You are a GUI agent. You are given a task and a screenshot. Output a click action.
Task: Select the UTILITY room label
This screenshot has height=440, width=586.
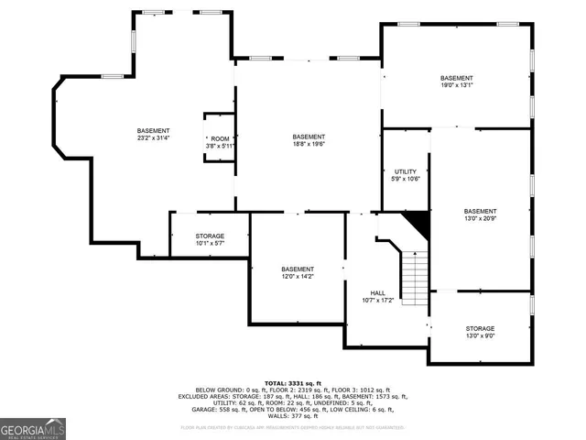(x=406, y=171)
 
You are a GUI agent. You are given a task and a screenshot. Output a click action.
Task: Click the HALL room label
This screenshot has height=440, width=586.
(x=378, y=292)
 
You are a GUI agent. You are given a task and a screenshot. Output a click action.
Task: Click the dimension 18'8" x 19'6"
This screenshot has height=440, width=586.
(x=309, y=144)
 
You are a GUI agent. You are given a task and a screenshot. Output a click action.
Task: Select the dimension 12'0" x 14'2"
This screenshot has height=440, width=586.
(x=298, y=276)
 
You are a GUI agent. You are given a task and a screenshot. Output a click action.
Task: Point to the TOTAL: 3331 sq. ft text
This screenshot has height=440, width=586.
(x=293, y=382)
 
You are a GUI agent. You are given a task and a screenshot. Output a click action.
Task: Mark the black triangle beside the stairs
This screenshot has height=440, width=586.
(x=418, y=220)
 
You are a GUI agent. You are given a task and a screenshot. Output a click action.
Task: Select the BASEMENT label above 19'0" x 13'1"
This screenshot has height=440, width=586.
(x=456, y=78)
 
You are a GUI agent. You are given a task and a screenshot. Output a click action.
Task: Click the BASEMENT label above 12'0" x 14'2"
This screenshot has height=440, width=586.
(x=298, y=269)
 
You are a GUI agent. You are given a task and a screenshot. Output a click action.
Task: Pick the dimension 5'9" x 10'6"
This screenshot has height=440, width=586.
(x=406, y=180)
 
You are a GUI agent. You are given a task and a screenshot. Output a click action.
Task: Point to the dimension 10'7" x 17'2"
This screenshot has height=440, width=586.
(x=378, y=300)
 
